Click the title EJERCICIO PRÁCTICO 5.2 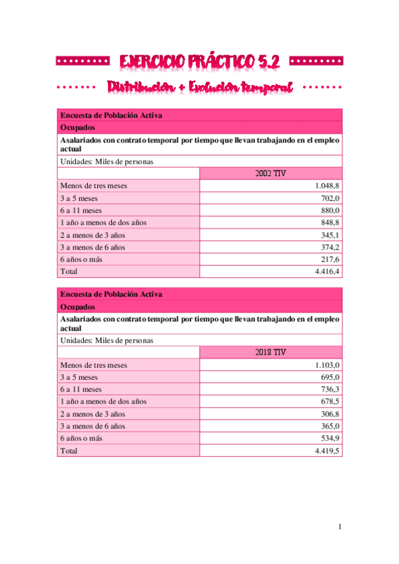click(x=200, y=62)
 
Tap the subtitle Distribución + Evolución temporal click(x=200, y=87)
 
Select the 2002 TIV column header click(x=270, y=174)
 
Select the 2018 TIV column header click(x=270, y=352)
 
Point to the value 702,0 click(x=331, y=198)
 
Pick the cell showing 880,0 click(x=331, y=211)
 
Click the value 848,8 click(x=331, y=223)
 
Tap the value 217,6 click(x=331, y=259)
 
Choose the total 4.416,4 click(x=328, y=271)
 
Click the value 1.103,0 click(x=328, y=365)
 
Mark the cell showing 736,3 click(x=331, y=390)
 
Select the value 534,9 click(x=331, y=438)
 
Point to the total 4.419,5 click(x=328, y=451)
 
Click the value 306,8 click(x=331, y=414)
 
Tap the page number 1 click(x=340, y=527)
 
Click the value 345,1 click(x=331, y=235)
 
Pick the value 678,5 click(x=331, y=402)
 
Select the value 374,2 click(x=331, y=247)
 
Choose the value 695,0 click(x=331, y=377)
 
